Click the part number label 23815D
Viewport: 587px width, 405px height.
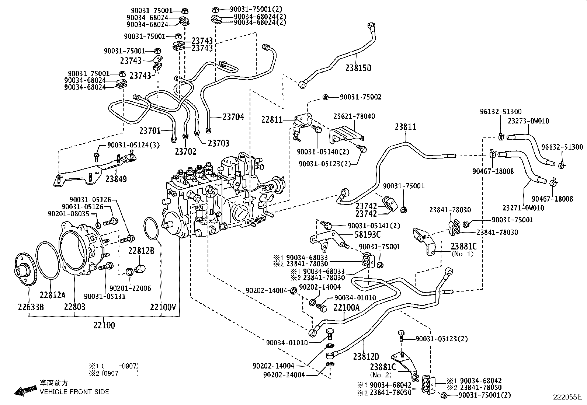(x=358, y=68)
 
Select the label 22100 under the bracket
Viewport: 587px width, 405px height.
(x=104, y=325)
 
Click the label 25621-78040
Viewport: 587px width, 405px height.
(x=355, y=116)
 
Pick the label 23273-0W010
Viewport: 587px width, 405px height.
(x=528, y=121)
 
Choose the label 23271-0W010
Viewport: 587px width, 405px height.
(x=523, y=208)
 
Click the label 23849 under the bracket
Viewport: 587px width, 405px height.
(x=116, y=179)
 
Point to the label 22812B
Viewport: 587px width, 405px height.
(x=141, y=251)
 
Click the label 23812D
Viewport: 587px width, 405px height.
(x=365, y=357)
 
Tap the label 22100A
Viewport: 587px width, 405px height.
(x=346, y=307)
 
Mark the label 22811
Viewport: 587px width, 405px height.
(x=272, y=119)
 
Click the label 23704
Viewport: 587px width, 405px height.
(x=233, y=117)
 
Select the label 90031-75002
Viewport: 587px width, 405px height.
(x=360, y=97)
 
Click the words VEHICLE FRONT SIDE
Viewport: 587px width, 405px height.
(x=74, y=392)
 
